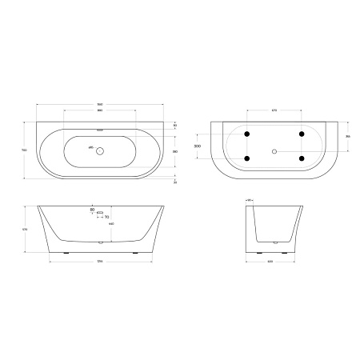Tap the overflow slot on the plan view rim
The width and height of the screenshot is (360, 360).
pyautogui.click(x=100, y=128)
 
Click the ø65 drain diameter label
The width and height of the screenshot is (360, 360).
pyautogui.click(x=90, y=149)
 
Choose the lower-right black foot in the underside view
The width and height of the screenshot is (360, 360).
pyautogui.click(x=302, y=159)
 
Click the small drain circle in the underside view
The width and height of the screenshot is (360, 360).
pyautogui.click(x=274, y=151)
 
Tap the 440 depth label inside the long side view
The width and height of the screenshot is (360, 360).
pyautogui.click(x=110, y=225)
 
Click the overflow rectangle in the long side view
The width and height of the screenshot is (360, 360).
pyautogui.click(x=100, y=214)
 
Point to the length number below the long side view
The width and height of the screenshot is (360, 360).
pyautogui.click(x=100, y=262)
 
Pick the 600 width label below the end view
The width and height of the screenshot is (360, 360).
pyautogui.click(x=275, y=262)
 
